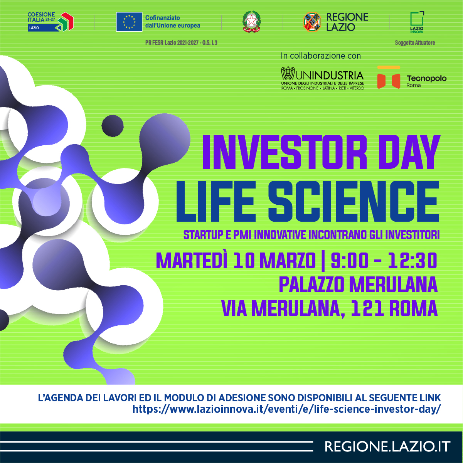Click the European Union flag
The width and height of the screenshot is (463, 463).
(129, 22)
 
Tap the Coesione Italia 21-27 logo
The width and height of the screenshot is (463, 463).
(51, 22)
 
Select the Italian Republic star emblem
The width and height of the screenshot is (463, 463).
(252, 22)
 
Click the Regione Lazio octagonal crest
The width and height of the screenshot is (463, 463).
(312, 22)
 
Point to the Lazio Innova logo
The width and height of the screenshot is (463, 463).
(417, 22)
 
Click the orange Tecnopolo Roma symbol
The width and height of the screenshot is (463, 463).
(389, 77)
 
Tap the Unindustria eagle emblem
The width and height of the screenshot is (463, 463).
(288, 73)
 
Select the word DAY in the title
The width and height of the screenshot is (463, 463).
(409, 152)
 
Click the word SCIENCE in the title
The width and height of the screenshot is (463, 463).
(354, 201)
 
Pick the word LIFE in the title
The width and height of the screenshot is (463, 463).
(215, 201)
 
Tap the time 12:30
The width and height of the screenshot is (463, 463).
(412, 261)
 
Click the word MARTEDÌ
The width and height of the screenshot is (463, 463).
(192, 260)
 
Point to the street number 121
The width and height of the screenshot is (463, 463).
(367, 308)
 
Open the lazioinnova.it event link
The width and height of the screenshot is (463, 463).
(286, 409)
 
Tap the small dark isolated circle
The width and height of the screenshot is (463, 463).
(113, 126)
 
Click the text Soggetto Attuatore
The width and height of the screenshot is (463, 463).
(415, 43)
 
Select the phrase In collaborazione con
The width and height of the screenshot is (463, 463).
(321, 56)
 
